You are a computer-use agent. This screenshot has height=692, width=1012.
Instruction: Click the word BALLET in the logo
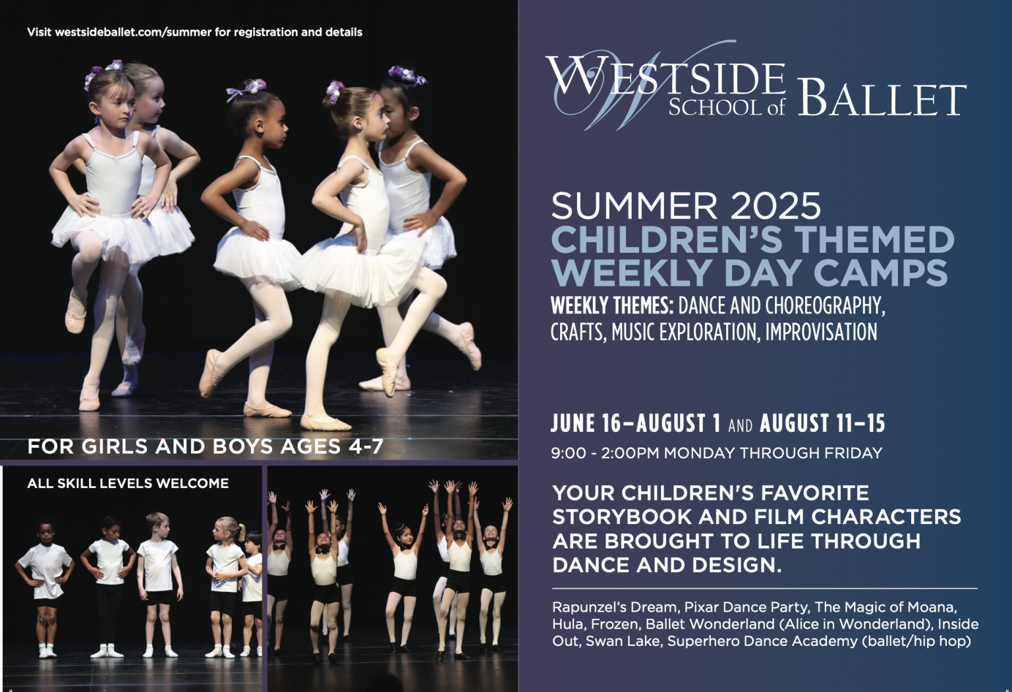click(882, 97)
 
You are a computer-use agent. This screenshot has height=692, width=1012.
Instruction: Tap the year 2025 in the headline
click(775, 206)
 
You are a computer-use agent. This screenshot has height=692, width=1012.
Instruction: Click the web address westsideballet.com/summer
click(133, 32)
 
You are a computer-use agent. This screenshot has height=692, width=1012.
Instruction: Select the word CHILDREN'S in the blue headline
click(667, 240)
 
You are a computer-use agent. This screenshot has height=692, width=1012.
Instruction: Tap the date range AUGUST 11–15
click(822, 423)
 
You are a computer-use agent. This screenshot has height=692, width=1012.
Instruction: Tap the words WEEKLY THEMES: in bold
click(612, 306)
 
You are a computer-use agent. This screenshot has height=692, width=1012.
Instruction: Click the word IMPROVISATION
click(822, 333)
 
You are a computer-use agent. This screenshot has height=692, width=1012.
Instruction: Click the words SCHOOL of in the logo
click(727, 107)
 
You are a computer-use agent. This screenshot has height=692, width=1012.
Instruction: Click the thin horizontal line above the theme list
click(764, 589)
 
